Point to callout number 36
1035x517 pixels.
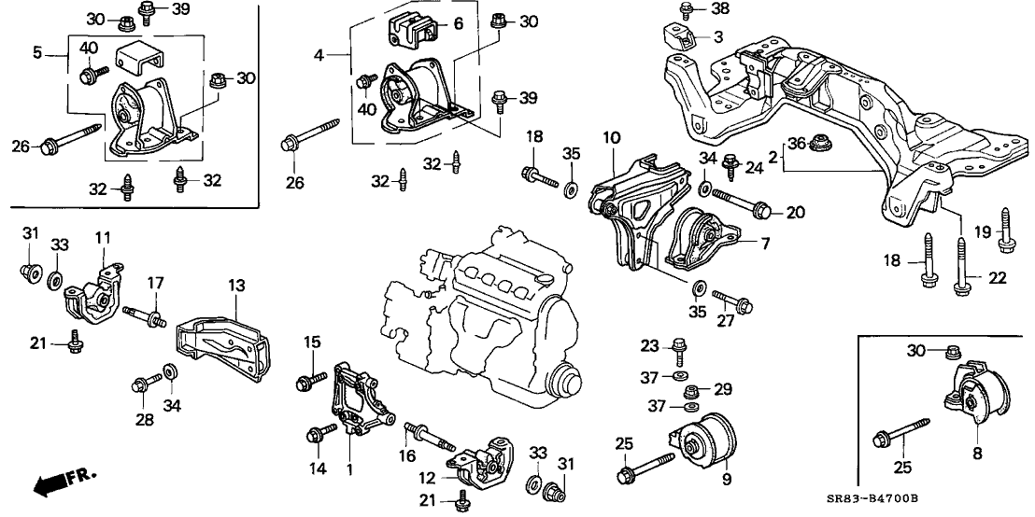795,143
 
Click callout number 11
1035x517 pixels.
103,237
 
